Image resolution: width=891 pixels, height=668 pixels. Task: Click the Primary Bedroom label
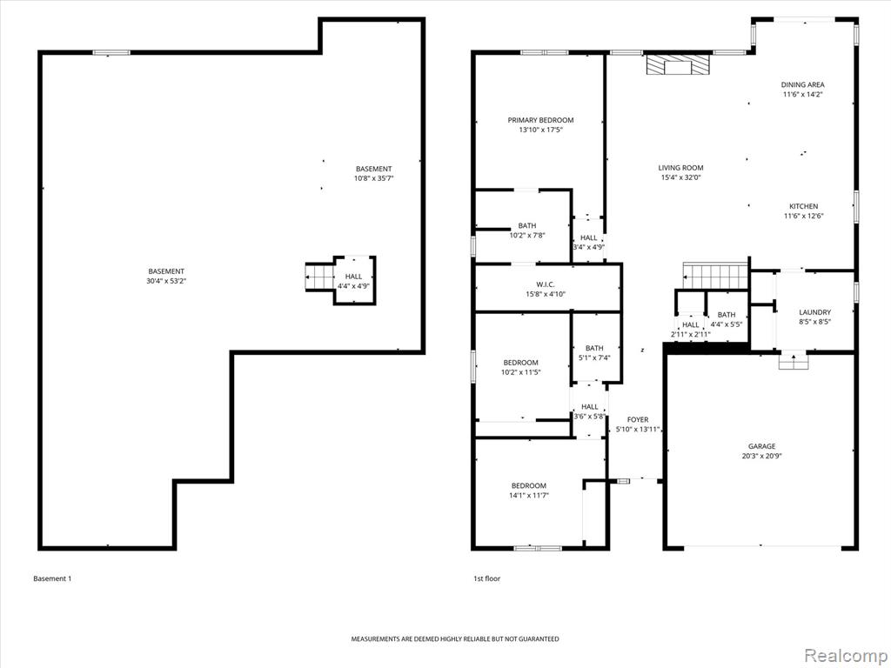pos(540,120)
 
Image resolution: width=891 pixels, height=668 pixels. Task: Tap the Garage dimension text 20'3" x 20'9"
pos(761,456)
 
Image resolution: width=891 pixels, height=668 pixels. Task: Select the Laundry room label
pos(814,312)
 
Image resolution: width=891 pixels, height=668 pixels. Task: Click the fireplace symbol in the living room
pos(679,64)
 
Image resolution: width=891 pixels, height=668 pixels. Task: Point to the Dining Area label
pos(802,84)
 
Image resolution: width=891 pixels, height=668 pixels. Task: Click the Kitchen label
pos(803,206)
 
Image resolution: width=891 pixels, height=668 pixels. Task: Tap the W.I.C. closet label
pos(546,284)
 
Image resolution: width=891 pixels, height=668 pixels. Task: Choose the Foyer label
pos(638,420)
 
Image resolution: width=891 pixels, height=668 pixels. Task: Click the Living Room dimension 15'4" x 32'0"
pos(680,177)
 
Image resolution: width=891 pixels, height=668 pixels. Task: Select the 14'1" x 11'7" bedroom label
pos(528,485)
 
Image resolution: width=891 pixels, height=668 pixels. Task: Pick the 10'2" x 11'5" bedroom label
pos(520,363)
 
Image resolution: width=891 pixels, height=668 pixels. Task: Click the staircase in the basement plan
pos(320,277)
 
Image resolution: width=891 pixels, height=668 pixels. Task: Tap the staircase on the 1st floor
pos(715,276)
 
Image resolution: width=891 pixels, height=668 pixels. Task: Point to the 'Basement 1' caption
pos(52,578)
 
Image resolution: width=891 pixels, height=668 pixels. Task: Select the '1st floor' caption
pos(487,578)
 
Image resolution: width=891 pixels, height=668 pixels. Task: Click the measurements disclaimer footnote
pos(454,639)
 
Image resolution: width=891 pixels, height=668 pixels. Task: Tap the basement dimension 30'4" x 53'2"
pos(166,281)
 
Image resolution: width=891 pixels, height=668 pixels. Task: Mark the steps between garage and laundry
pos(794,361)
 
